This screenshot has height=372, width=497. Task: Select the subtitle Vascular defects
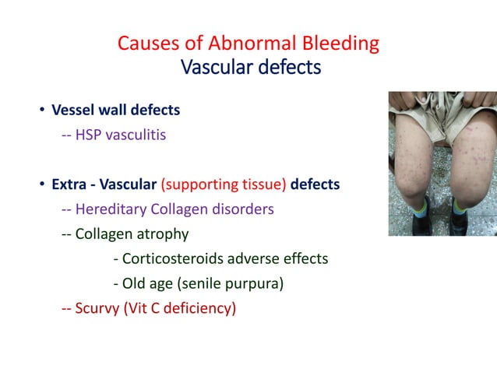coord(250,68)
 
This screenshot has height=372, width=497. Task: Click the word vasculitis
coord(136,135)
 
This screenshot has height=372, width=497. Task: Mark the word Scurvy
coord(97,308)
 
